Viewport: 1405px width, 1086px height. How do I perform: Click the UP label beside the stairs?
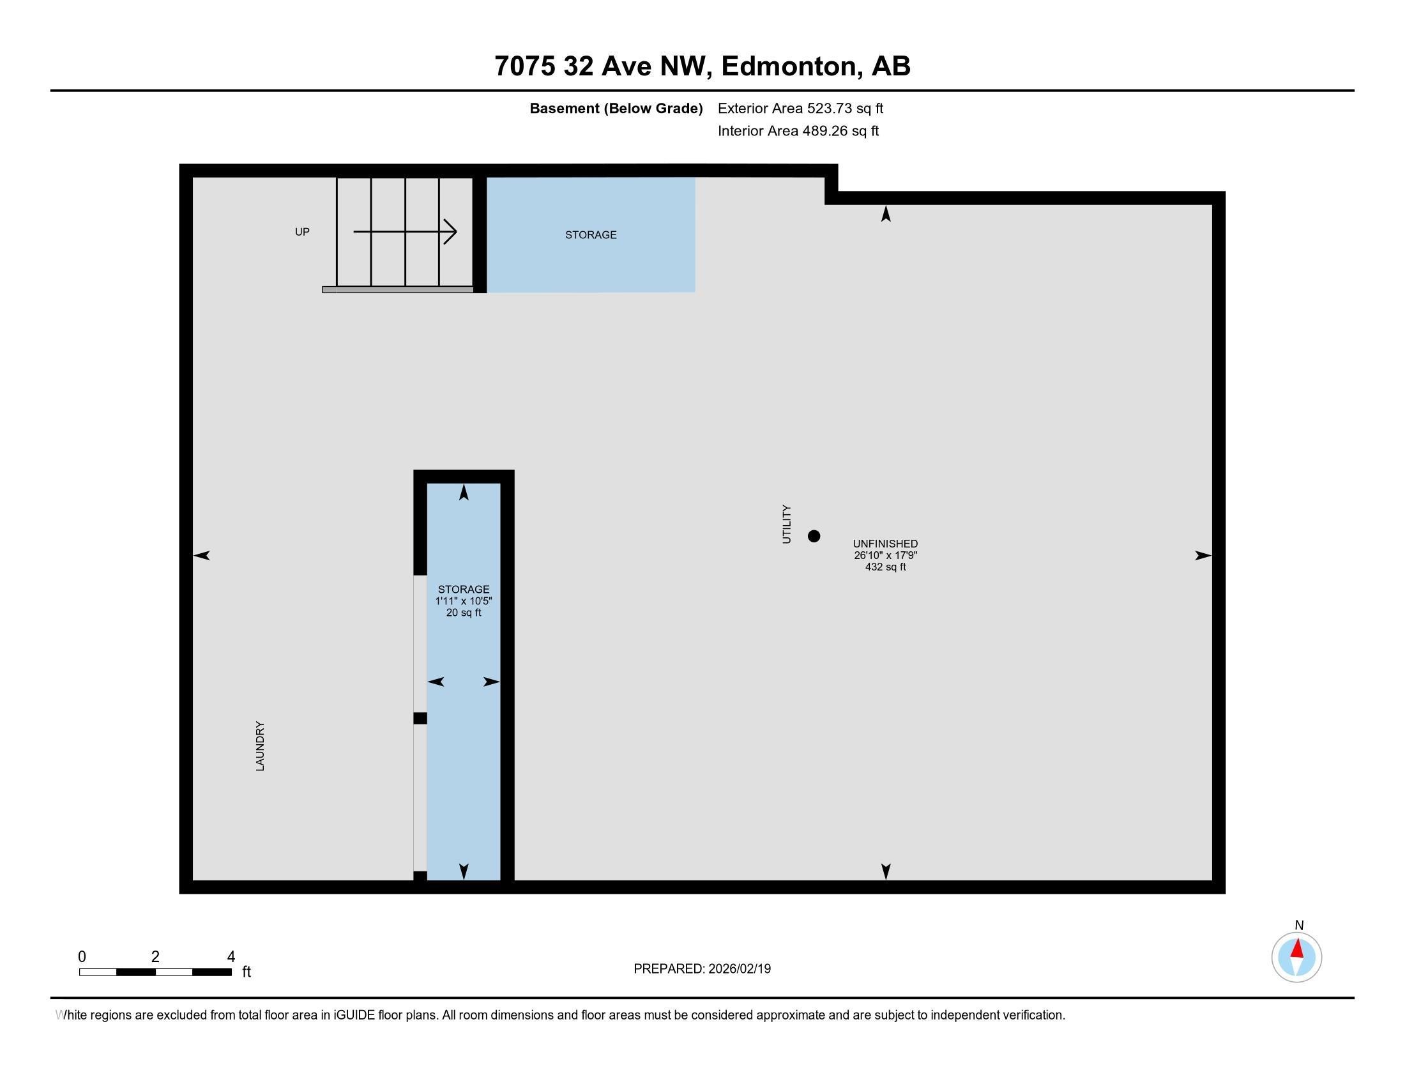click(x=301, y=232)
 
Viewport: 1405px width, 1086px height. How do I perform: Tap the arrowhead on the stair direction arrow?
click(x=452, y=232)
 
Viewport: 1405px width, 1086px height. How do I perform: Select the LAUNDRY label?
click(x=260, y=746)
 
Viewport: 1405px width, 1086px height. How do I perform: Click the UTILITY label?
click(x=786, y=524)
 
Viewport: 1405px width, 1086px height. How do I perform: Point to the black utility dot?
click(x=814, y=536)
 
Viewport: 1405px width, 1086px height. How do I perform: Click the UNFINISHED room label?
click(x=885, y=544)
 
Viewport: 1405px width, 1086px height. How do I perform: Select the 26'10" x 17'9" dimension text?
click(x=885, y=555)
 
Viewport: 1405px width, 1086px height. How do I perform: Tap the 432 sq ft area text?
click(x=885, y=567)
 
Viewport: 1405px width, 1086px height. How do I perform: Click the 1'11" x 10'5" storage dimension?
click(x=463, y=601)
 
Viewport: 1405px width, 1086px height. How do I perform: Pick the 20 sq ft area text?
click(x=463, y=613)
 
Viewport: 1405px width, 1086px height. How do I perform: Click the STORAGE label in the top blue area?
click(x=591, y=235)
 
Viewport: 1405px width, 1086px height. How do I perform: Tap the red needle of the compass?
click(x=1297, y=949)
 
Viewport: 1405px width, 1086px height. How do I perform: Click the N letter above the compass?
click(x=1299, y=925)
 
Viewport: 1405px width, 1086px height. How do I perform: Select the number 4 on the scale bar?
click(x=231, y=957)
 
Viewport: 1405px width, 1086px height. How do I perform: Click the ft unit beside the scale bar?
click(x=247, y=972)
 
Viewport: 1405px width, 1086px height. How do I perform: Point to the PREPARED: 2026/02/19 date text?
click(x=702, y=969)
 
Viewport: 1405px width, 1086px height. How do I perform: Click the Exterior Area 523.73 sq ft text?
click(x=800, y=108)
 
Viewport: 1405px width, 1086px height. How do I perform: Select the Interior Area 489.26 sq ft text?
click(x=798, y=130)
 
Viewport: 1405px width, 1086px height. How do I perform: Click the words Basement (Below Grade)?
click(x=616, y=108)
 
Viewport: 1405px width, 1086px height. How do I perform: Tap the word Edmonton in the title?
click(x=791, y=66)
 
